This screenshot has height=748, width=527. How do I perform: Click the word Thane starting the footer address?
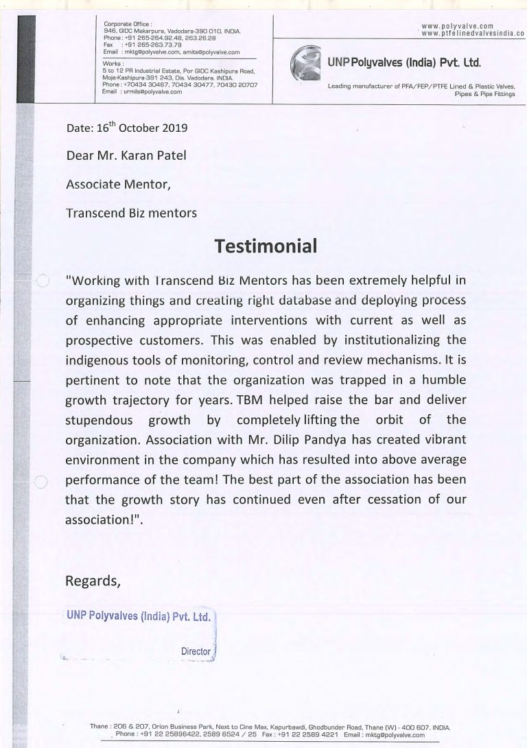coord(100,726)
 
